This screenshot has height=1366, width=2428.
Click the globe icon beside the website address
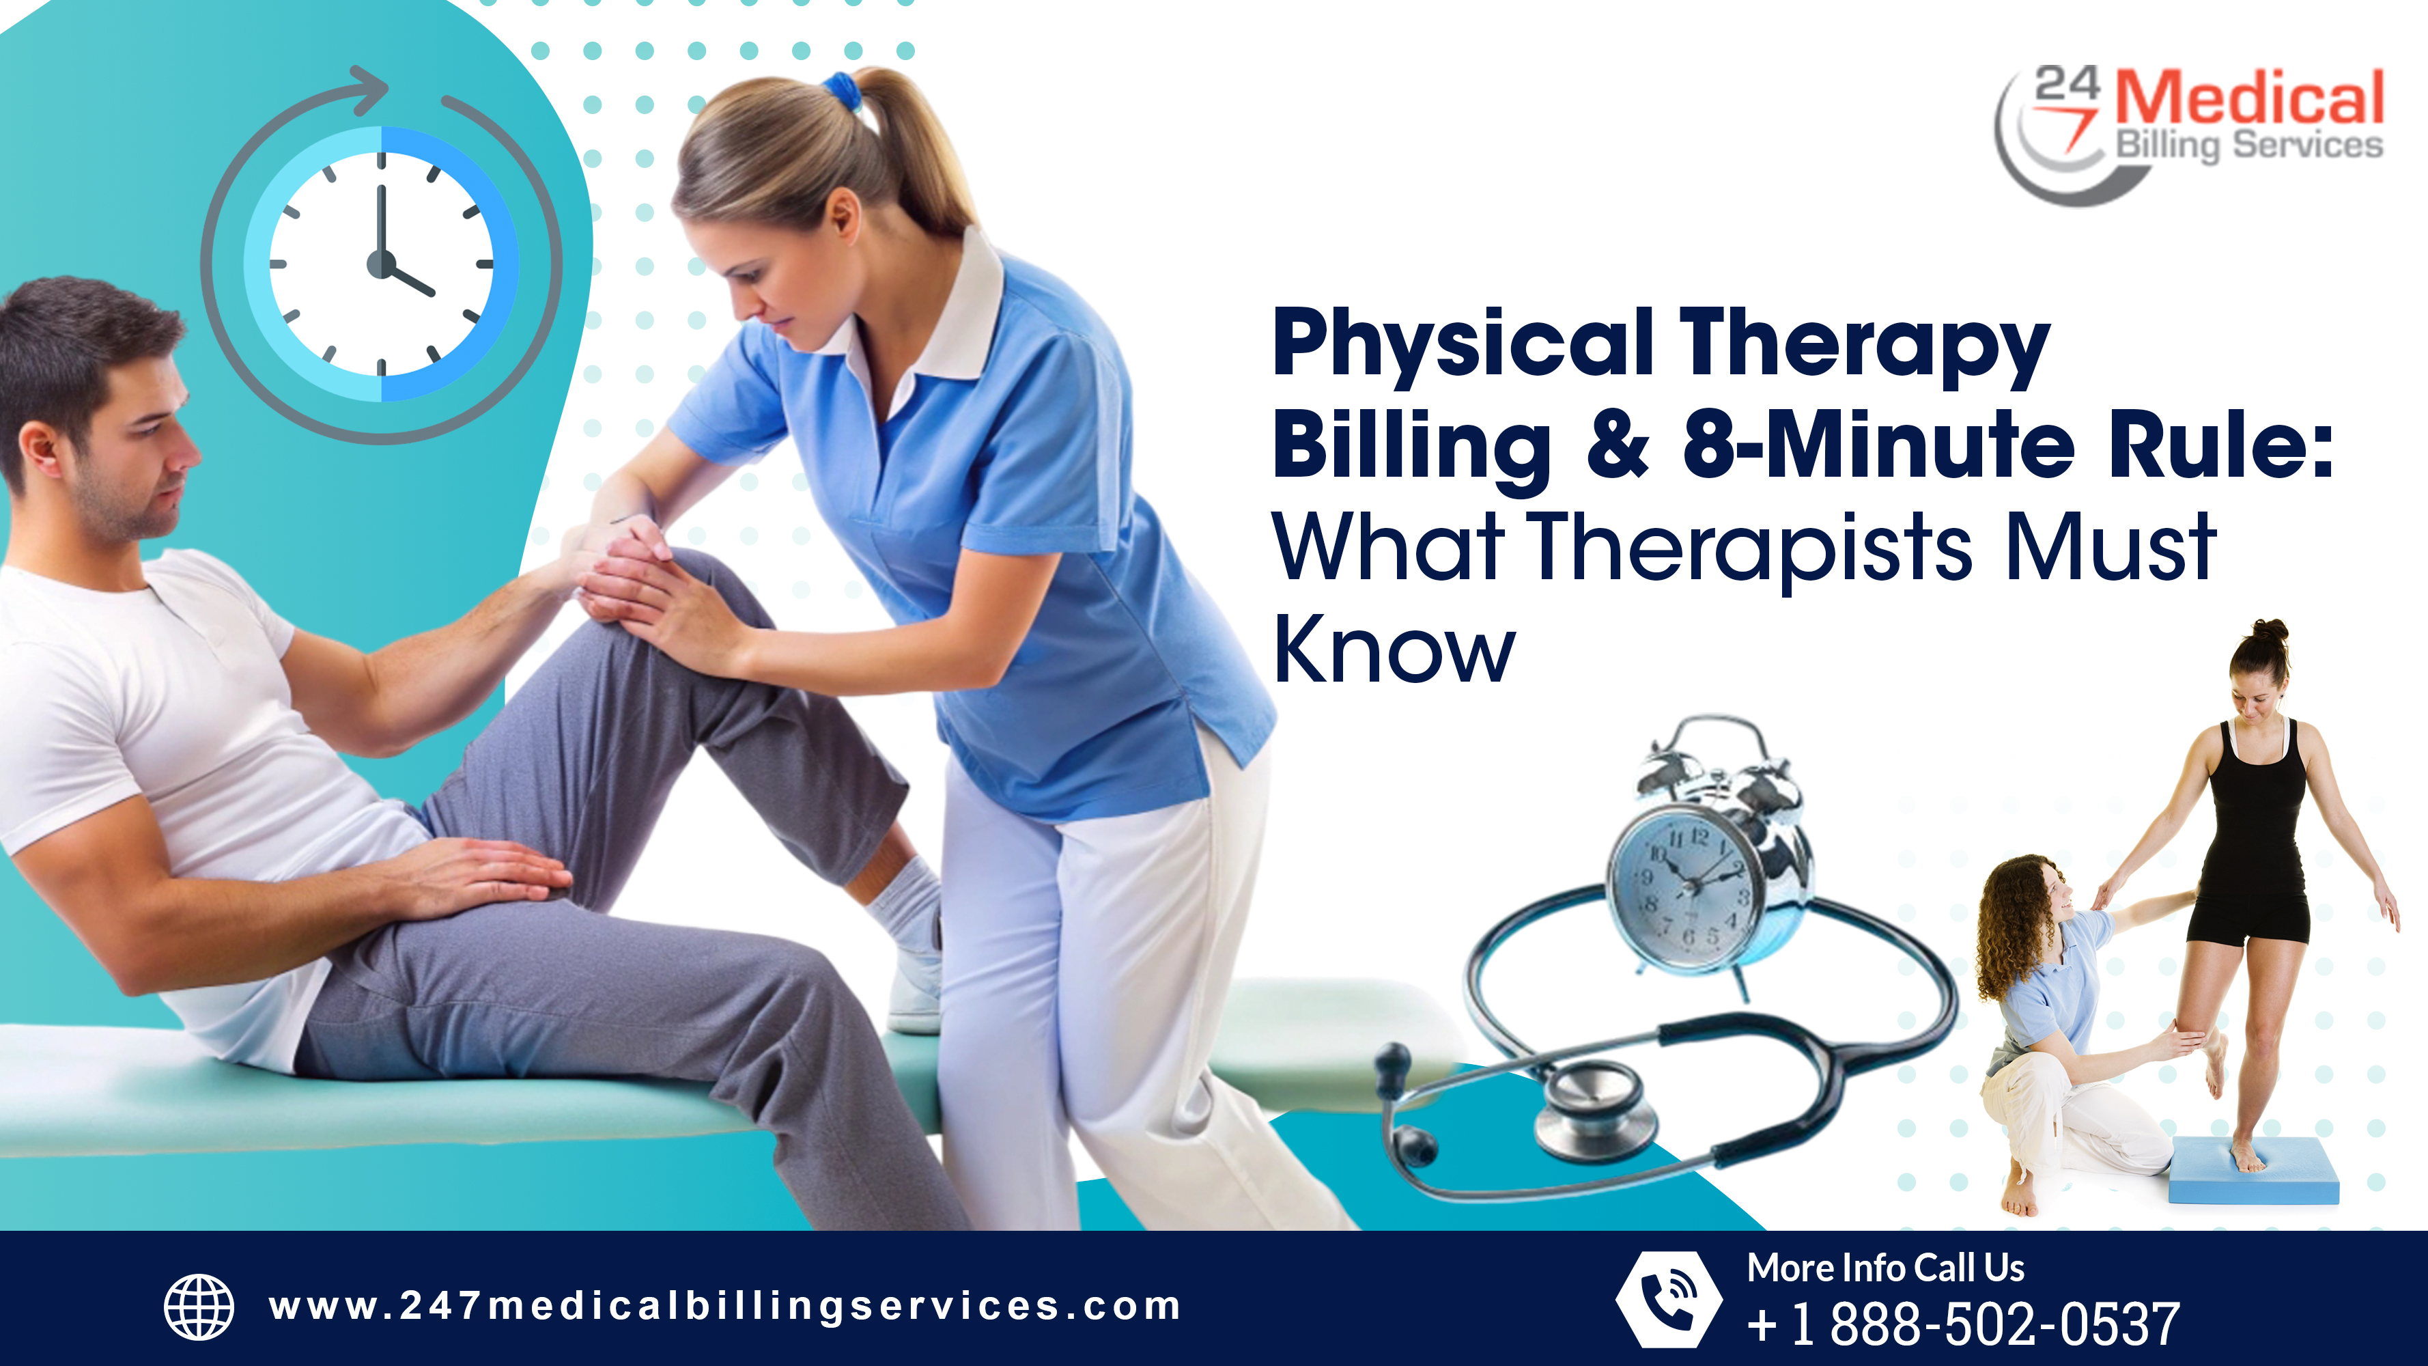(x=199, y=1307)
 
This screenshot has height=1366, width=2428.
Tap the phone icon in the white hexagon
(x=1667, y=1299)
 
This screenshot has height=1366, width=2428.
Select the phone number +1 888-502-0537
(x=1962, y=1324)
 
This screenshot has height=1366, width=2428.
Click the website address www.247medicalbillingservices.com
(x=724, y=1307)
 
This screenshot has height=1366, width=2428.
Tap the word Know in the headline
(x=1393, y=650)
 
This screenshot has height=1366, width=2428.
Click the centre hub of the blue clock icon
(x=381, y=264)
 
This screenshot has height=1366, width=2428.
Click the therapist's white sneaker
(x=914, y=990)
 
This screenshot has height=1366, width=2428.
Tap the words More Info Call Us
(x=1885, y=1268)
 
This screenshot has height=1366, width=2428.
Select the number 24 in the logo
(x=2067, y=85)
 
